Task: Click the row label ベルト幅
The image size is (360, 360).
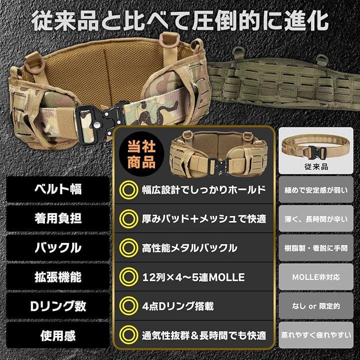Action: tap(58, 189)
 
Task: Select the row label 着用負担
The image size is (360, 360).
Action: tap(58, 218)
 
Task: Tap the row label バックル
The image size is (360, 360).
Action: tap(58, 247)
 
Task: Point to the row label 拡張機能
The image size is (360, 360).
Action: tap(58, 276)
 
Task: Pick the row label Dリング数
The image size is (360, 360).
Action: tap(58, 306)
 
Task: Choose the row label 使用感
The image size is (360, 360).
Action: tap(58, 335)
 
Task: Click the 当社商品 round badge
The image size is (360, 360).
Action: tap(141, 154)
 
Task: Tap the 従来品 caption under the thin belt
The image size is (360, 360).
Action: tap(316, 166)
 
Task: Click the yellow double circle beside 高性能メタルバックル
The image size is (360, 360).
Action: tap(129, 248)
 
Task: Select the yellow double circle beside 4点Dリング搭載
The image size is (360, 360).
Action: tap(129, 306)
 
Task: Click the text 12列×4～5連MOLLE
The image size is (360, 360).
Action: tap(193, 277)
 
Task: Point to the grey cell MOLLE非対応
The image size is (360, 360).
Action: tap(316, 277)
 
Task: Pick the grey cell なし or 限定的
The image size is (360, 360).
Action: tap(316, 306)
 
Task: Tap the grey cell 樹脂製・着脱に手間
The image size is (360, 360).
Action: tap(316, 247)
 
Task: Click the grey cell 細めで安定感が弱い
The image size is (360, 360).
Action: tap(316, 189)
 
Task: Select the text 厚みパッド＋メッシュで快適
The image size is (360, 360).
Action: tap(204, 219)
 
